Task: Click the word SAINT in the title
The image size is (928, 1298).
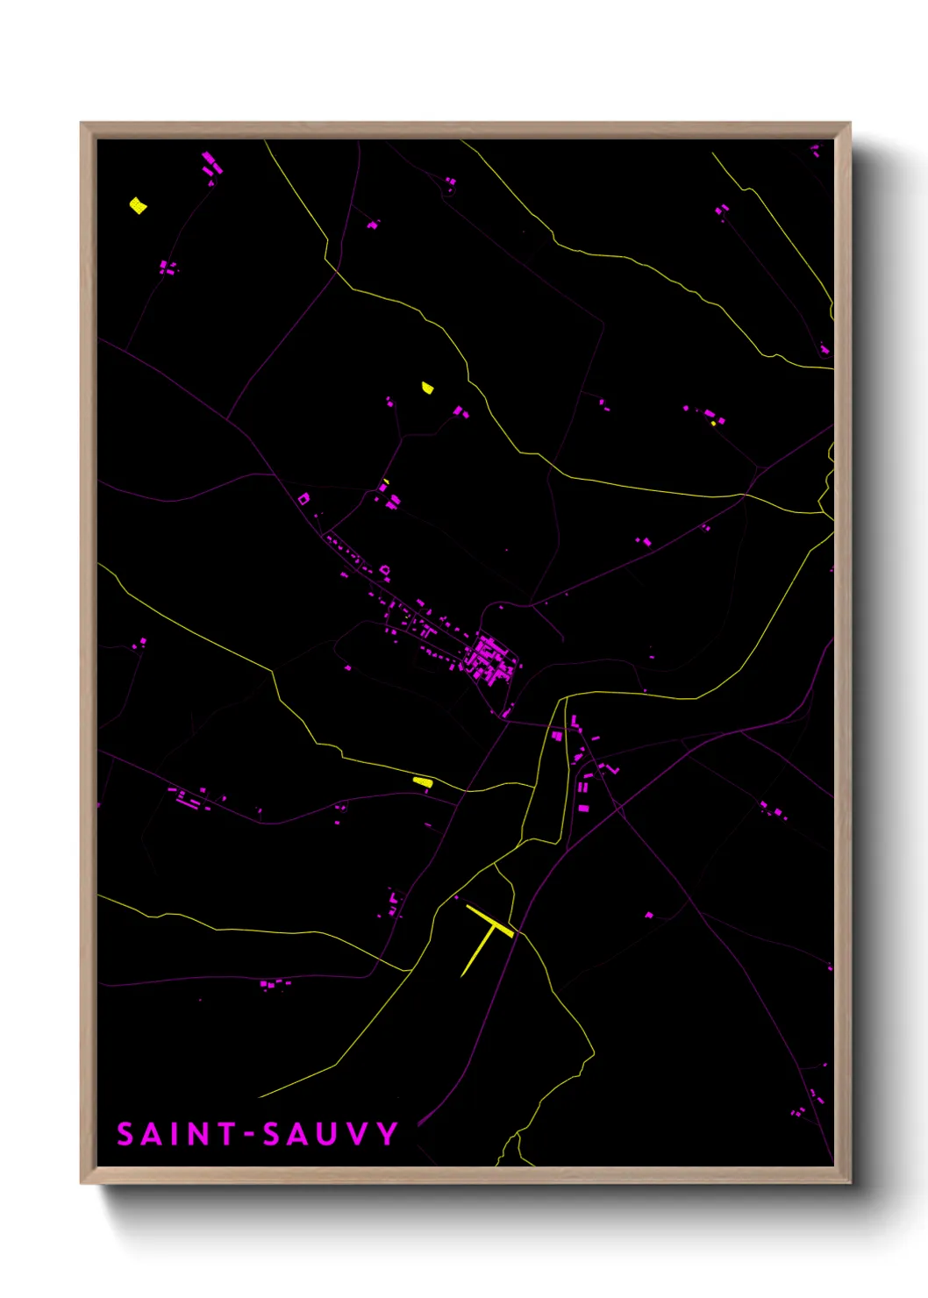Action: (x=176, y=1134)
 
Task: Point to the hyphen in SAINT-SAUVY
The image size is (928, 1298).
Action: (x=249, y=1136)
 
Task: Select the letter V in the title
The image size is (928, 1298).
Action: (x=356, y=1134)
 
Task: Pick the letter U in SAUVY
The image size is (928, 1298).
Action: (x=326, y=1134)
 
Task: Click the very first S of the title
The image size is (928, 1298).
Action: (x=125, y=1134)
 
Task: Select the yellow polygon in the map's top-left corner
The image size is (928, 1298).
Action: (x=138, y=206)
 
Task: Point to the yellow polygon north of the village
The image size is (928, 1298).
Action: (x=427, y=388)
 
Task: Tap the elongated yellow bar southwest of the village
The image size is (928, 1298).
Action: (x=423, y=781)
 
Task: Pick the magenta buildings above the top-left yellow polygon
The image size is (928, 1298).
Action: (x=211, y=164)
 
